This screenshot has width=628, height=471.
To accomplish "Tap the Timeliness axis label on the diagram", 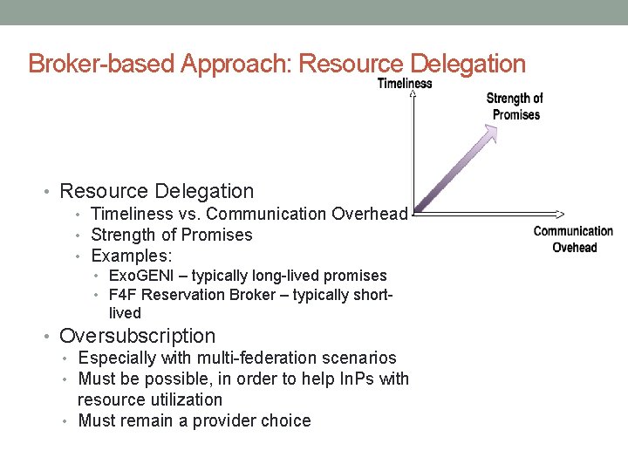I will coord(405,84).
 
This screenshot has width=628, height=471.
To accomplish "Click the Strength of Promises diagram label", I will coord(515,106).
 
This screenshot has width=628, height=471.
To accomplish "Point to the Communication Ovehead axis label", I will coord(573,239).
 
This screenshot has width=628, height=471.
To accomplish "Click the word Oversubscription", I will coord(137,336).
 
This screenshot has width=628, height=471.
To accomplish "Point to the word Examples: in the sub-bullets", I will coord(132,256).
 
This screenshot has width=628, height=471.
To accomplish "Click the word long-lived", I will coord(286,276).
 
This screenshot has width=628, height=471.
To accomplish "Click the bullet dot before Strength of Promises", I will coord(79,235).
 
